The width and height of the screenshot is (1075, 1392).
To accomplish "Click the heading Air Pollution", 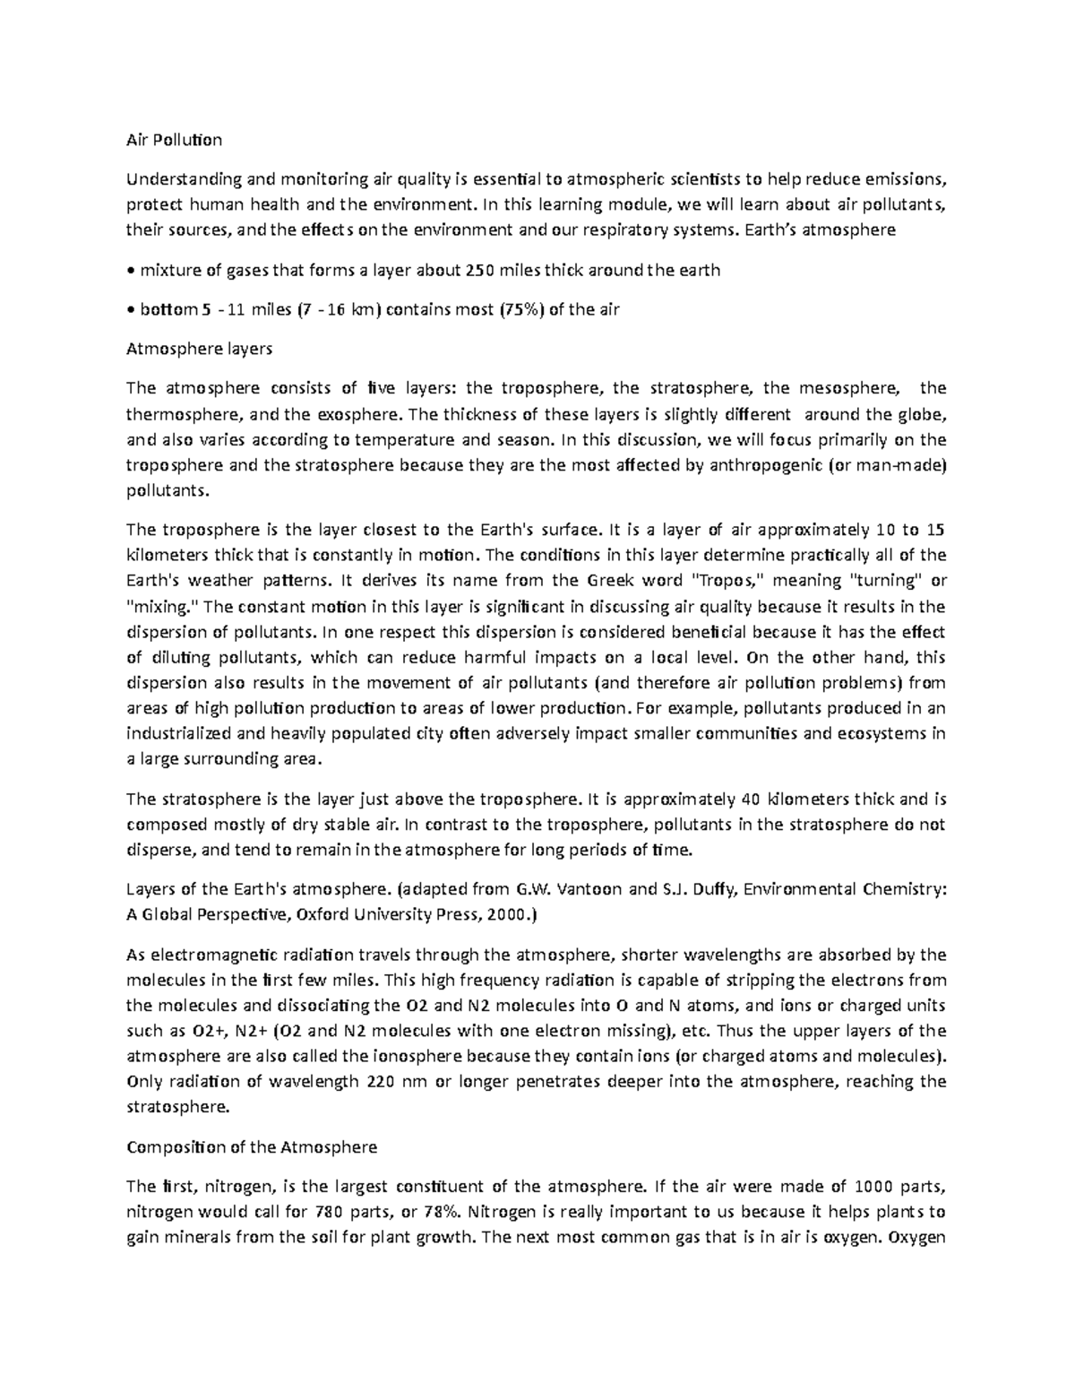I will coord(174,140).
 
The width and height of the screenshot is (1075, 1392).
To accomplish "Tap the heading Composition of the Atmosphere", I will coord(252,1146).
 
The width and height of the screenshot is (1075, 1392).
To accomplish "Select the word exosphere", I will coord(357,414).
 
